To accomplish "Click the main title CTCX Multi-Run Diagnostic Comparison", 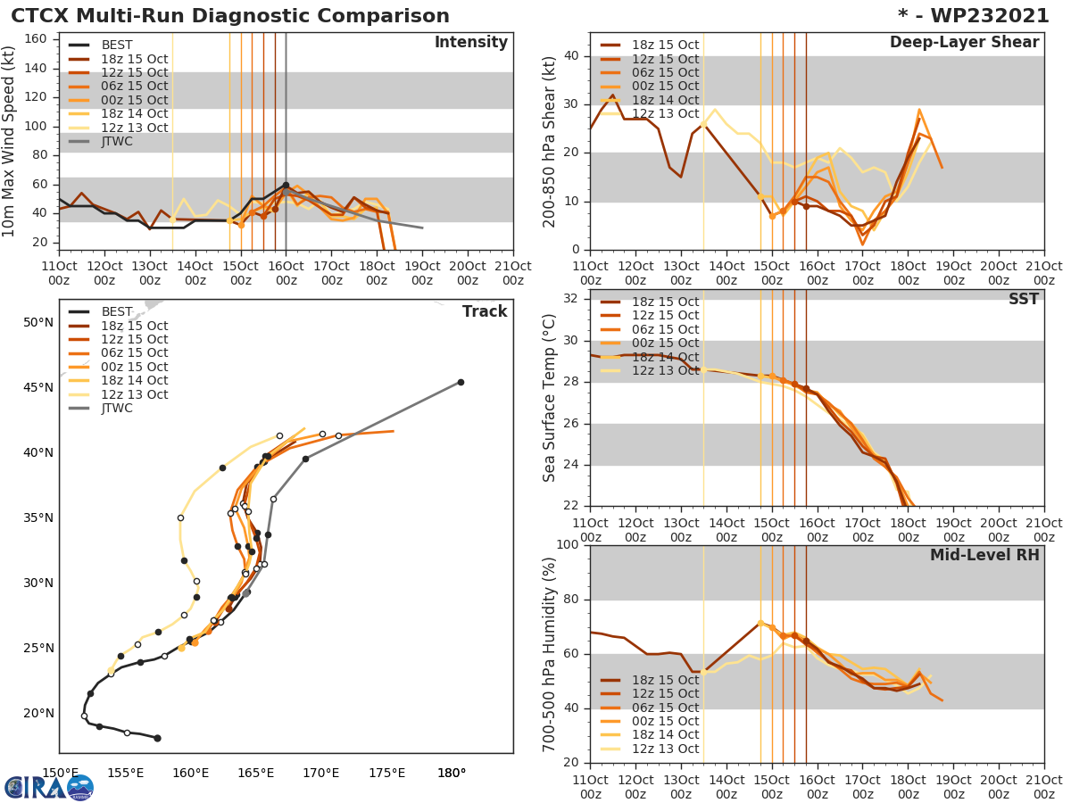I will pyautogui.click(x=230, y=16).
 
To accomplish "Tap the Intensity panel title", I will pyautogui.click(x=470, y=43).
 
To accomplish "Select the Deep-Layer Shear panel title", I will pyautogui.click(x=964, y=43).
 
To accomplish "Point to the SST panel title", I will pyautogui.click(x=1023, y=300).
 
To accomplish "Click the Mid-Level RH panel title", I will pyautogui.click(x=984, y=556).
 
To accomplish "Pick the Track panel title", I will pyautogui.click(x=484, y=312).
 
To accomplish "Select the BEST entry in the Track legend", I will pyautogui.click(x=117, y=312).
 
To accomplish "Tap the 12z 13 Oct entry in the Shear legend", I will pyautogui.click(x=665, y=113).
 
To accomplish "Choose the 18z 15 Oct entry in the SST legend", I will pyautogui.click(x=665, y=302).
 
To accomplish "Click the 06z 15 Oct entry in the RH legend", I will pyautogui.click(x=665, y=708).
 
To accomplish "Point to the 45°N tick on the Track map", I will pyautogui.click(x=38, y=387).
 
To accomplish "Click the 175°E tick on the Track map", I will pyautogui.click(x=386, y=773).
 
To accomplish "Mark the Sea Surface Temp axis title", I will pyautogui.click(x=550, y=398).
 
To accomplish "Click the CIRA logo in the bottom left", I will pyautogui.click(x=49, y=787).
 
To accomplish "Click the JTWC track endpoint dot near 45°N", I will pyautogui.click(x=461, y=382).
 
